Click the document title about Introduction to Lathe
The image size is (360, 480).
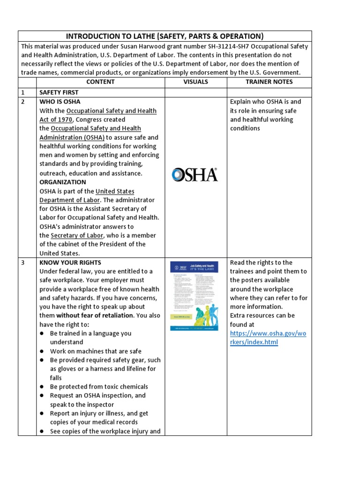165,37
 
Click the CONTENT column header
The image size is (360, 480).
100,82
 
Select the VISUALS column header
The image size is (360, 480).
195,82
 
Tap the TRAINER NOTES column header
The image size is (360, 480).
269,82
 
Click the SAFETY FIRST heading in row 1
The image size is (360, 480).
59,93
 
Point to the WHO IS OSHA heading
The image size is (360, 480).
60,102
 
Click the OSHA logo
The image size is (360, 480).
195,175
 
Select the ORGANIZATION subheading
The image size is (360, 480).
63,182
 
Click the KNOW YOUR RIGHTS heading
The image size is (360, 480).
70,262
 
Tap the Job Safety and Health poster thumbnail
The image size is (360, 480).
194,295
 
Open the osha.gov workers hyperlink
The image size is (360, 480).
268,337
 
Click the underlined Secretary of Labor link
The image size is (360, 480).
77,235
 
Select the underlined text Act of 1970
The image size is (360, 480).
56,120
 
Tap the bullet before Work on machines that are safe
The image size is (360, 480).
42,351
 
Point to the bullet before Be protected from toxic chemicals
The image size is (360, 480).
42,387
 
